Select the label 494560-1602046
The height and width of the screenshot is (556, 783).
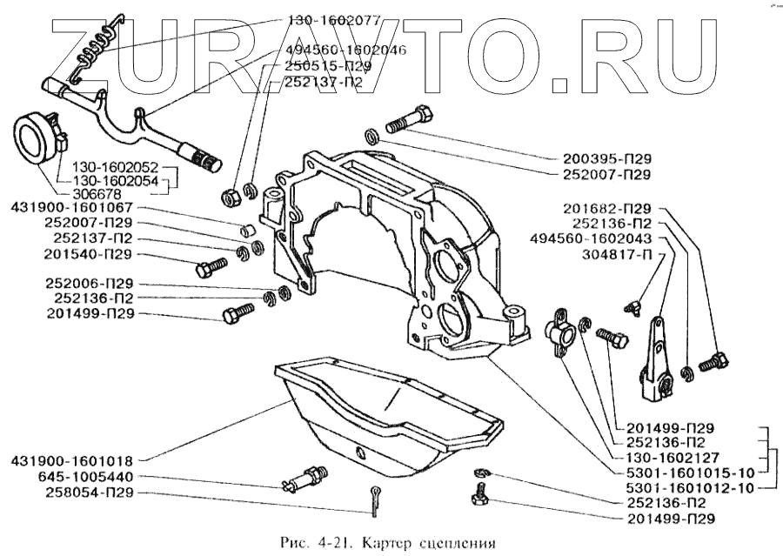point(346,50)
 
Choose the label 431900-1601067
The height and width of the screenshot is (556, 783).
point(72,208)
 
